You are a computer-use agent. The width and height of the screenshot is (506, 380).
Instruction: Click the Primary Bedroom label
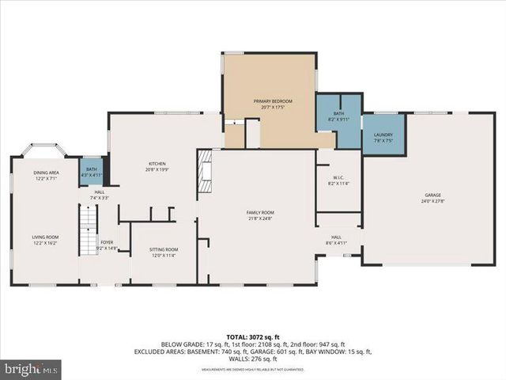pyautogui.click(x=273, y=101)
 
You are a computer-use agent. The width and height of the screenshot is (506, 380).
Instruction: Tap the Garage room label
pyautogui.click(x=432, y=195)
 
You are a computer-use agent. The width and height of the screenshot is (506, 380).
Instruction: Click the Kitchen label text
pyautogui.click(x=157, y=164)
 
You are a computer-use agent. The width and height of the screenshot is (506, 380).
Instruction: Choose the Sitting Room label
pyautogui.click(x=164, y=249)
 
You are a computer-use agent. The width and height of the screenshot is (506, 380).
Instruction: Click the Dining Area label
pyautogui.click(x=46, y=173)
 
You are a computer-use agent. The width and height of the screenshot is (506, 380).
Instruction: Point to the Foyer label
pyautogui.click(x=106, y=242)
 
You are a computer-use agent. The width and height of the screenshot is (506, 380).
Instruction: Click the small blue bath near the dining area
pyautogui.click(x=91, y=172)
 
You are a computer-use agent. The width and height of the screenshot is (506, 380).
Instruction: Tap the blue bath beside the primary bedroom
pyautogui.click(x=338, y=119)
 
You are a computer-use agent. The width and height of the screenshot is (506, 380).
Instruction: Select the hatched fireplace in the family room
pyautogui.click(x=206, y=170)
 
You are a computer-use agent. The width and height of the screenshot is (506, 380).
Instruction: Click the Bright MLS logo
pyautogui.click(x=32, y=368)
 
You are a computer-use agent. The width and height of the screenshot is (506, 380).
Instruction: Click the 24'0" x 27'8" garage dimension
pyautogui.click(x=432, y=201)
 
